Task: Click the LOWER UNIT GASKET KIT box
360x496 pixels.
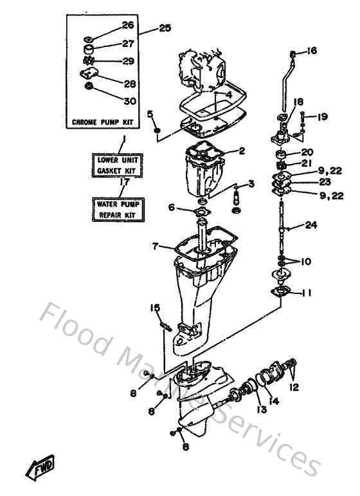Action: [117, 165]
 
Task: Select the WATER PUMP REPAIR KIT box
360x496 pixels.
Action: [118, 210]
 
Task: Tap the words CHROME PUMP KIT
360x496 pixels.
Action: [103, 122]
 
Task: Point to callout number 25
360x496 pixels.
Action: [165, 28]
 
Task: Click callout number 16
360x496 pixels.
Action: [311, 51]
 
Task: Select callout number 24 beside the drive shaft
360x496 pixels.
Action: [311, 225]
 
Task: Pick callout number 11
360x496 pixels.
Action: [305, 293]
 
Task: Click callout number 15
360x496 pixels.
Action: [155, 308]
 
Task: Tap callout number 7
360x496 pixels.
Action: [155, 246]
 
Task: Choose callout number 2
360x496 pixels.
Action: [242, 151]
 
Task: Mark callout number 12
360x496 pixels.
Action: [294, 387]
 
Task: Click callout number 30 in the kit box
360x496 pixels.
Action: [130, 101]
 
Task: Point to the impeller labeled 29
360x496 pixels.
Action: [87, 60]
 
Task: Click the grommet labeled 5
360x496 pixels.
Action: [157, 131]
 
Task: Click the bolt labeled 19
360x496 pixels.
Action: [303, 118]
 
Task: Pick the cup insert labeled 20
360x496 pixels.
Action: [281, 154]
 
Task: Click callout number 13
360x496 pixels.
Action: [262, 409]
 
